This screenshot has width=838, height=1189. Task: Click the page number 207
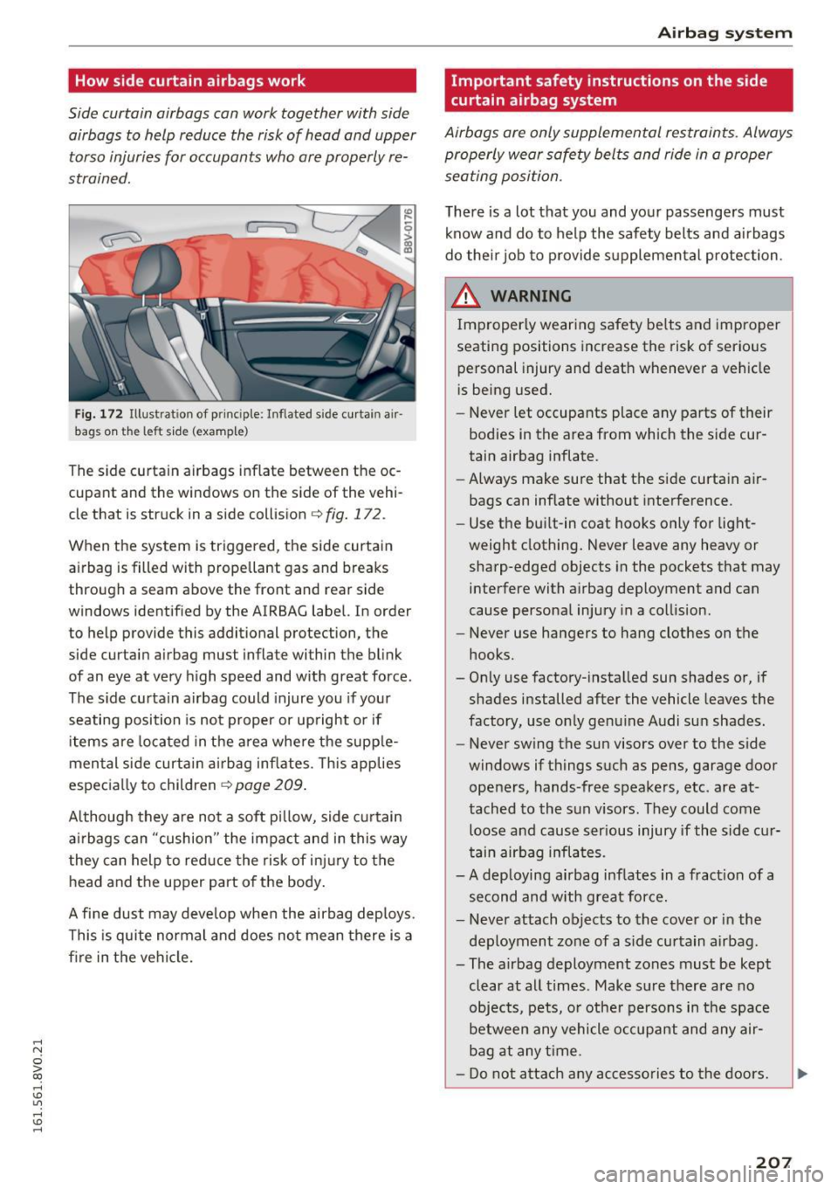click(x=774, y=1163)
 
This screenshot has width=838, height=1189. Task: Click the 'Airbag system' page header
click(x=725, y=33)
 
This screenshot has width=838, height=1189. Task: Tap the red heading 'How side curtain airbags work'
click(x=190, y=81)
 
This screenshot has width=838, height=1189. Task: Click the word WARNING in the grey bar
click(x=531, y=296)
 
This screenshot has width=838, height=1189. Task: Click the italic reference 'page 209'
click(x=269, y=785)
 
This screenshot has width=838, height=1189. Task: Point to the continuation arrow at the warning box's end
click(x=802, y=1074)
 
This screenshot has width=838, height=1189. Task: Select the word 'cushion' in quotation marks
click(x=182, y=839)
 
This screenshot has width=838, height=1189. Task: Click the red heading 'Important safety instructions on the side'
click(x=609, y=81)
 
